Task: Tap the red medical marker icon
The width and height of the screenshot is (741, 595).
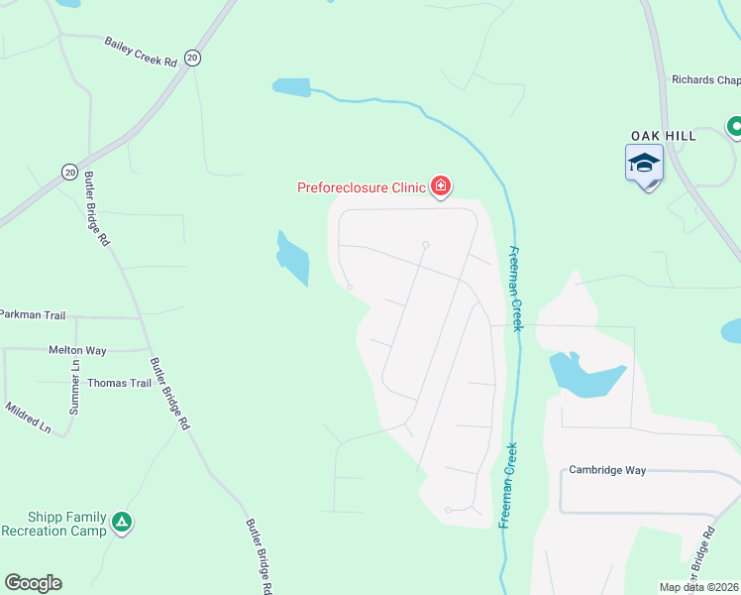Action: coord(440,186)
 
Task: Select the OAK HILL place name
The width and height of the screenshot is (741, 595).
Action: coord(664,135)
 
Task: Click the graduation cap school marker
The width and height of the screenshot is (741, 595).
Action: coord(644,163)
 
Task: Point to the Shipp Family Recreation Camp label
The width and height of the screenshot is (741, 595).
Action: coord(53,524)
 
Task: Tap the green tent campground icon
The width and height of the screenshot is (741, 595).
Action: coord(121,522)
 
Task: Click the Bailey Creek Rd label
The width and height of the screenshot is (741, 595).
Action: coord(140,52)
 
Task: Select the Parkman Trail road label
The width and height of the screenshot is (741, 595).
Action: coord(33,315)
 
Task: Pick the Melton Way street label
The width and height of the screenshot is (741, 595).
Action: coord(77,350)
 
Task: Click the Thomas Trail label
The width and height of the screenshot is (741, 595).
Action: coord(119,383)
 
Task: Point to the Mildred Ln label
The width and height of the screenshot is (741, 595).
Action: coord(28,417)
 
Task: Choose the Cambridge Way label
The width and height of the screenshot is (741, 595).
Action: coord(607,470)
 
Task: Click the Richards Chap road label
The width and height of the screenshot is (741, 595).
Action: coord(705,80)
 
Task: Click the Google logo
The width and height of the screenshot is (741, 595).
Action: coord(33,583)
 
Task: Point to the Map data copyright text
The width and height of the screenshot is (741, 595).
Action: coord(699,587)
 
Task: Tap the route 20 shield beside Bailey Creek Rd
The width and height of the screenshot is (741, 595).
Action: coord(192,59)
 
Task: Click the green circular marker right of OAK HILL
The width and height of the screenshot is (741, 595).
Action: coord(735,126)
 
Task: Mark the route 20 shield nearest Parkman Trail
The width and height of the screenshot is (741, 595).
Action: coord(69,172)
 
